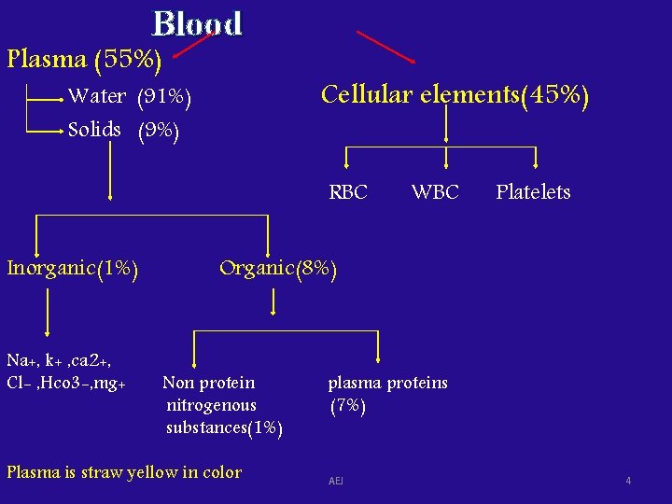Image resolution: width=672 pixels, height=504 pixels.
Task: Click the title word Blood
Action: coord(197,23)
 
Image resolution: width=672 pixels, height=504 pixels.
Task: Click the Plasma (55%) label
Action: coord(84,60)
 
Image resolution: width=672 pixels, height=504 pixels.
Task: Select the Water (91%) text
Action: coord(130,96)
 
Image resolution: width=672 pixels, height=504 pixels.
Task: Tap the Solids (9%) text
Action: coord(123,130)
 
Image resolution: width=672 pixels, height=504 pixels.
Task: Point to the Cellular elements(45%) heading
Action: coord(455,95)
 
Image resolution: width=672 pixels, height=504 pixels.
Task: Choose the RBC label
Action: coord(348,192)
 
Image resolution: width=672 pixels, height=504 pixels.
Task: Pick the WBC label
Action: coord(435,192)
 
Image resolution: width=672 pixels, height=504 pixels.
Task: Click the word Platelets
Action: coord(533,192)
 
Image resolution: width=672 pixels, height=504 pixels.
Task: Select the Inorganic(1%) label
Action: coord(73,269)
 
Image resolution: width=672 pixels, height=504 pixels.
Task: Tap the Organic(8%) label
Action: coord(277,269)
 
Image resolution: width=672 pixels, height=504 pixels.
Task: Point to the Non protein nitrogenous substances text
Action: coord(223,405)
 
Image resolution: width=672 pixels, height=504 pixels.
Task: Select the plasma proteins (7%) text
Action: coord(387,394)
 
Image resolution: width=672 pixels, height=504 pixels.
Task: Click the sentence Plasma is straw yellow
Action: coord(124,472)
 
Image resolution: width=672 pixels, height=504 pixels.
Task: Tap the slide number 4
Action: coord(628,481)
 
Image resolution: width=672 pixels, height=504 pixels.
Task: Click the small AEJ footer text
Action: coord(336,481)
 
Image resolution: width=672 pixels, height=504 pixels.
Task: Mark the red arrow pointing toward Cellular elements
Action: coord(386,48)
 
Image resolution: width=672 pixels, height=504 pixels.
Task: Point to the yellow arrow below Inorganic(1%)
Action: coord(47,307)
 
